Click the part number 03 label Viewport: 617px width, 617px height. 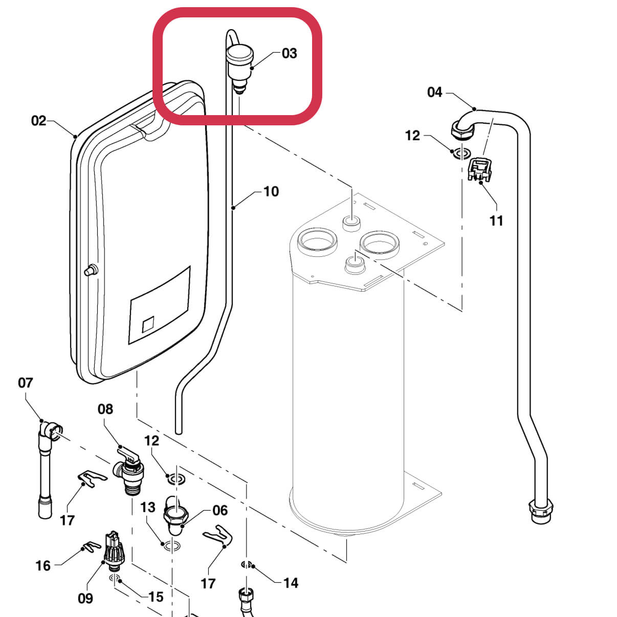(x=289, y=53)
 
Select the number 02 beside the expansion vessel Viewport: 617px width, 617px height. (x=39, y=121)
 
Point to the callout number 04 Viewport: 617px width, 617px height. (x=434, y=92)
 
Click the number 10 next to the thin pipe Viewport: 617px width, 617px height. (x=271, y=191)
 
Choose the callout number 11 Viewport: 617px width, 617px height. (x=496, y=221)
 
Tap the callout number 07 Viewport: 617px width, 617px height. (x=25, y=383)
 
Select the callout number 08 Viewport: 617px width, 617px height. (x=105, y=409)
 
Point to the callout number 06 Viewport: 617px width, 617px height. (x=220, y=510)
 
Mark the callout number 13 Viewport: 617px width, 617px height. (x=148, y=507)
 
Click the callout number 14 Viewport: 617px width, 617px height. (x=291, y=583)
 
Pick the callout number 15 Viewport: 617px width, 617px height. (x=156, y=597)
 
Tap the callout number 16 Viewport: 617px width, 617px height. (x=43, y=565)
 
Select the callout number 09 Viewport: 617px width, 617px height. (x=85, y=598)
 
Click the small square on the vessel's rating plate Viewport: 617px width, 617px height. (x=148, y=324)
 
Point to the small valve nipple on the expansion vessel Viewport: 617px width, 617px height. (x=91, y=269)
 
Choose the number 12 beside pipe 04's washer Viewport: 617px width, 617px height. (x=412, y=136)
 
